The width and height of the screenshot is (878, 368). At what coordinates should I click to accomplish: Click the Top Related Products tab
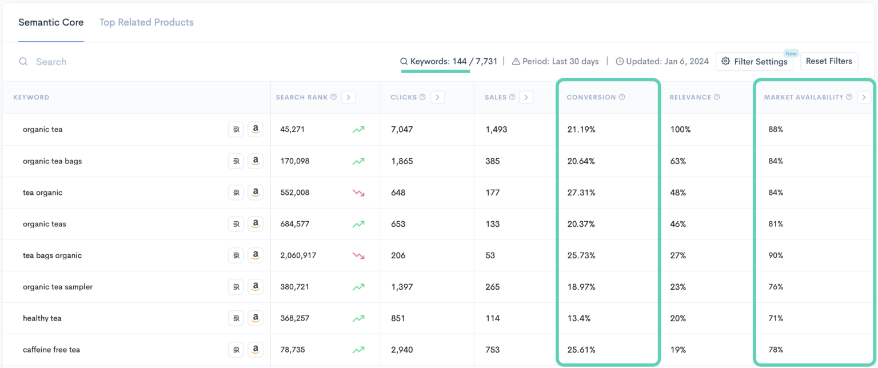pos(146,22)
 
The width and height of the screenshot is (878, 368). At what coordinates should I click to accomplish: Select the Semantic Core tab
pos(51,22)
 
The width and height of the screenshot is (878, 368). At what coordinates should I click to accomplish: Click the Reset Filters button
pos(829,61)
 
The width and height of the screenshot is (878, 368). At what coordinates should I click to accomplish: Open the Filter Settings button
pos(754,62)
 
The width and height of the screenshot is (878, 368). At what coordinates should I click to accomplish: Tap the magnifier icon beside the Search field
pos(23,62)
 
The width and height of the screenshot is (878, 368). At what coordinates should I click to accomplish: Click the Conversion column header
pos(591,97)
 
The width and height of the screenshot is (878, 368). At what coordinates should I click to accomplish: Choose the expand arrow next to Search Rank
pos(348,97)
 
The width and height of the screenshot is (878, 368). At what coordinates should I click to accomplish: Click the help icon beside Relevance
pos(717,97)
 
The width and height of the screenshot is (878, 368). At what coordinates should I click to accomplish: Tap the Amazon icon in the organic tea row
pos(256,129)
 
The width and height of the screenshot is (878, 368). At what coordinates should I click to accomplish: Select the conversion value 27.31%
pos(581,193)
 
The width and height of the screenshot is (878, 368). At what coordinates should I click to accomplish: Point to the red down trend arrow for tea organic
pos(358,193)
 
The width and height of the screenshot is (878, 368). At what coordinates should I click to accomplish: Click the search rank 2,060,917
pos(298,255)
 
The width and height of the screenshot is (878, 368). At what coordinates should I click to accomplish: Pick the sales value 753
pos(492,350)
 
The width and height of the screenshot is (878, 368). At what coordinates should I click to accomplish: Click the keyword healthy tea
pos(42,318)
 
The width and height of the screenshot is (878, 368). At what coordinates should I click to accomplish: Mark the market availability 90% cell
pos(776,255)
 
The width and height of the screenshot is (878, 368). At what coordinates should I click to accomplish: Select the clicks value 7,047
pos(402,129)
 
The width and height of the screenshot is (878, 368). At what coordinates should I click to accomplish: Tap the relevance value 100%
pos(680,129)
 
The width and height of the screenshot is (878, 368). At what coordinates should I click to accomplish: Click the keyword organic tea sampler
pos(58,287)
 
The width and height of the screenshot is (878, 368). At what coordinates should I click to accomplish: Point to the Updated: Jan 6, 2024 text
pos(667,62)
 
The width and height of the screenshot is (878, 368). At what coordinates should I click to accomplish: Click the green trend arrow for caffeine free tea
pos(358,350)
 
